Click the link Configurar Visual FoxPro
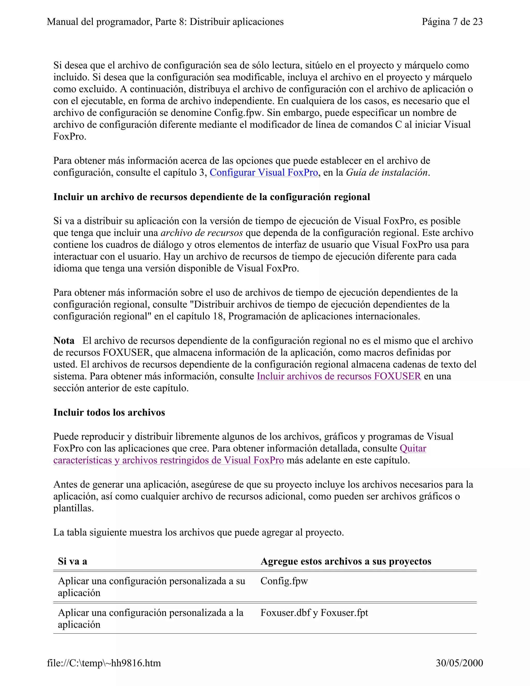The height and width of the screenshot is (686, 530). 264,173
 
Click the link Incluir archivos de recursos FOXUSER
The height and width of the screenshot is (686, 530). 339,376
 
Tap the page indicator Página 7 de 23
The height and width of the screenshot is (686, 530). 452,22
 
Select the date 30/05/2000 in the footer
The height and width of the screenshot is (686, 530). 459,663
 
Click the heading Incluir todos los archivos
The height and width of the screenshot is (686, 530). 109,412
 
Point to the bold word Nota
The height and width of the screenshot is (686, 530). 64,341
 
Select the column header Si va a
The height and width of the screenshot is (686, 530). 72,561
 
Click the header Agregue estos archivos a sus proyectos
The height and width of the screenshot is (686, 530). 346,561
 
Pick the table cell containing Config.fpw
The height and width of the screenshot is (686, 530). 284,581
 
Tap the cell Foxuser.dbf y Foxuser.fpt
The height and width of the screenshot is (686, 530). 314,613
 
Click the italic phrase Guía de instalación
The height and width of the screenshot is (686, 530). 387,173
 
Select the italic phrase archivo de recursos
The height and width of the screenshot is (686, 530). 202,233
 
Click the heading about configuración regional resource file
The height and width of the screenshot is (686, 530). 212,197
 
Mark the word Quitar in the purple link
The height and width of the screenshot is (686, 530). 413,449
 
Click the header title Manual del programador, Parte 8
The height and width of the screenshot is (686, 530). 165,22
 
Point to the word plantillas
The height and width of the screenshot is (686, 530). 73,508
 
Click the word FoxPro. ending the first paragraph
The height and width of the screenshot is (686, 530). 70,137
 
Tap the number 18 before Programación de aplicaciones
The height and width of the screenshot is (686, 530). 218,316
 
